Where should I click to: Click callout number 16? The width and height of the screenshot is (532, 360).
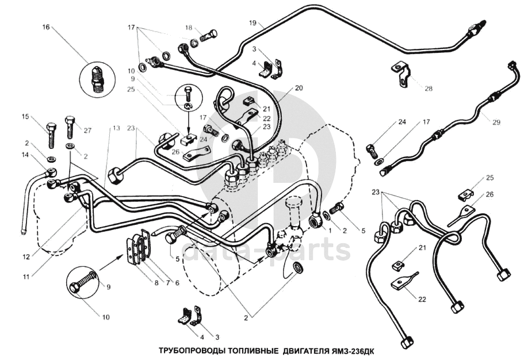46,28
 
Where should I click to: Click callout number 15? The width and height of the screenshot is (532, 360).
25,117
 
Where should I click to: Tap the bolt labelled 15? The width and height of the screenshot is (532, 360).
51,133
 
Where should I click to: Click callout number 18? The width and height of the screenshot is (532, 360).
188,28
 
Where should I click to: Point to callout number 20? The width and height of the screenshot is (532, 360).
298,89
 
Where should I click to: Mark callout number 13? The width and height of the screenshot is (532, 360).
117,128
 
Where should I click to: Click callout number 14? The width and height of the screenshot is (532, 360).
25,155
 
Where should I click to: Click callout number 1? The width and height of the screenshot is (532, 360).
330,230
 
